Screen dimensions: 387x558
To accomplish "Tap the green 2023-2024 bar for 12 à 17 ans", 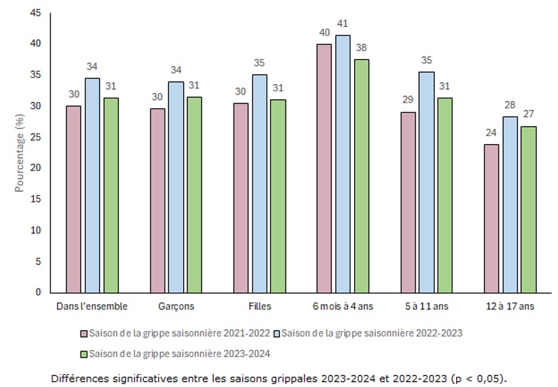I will (x=528, y=209).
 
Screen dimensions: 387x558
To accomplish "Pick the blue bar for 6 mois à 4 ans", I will (x=342, y=163).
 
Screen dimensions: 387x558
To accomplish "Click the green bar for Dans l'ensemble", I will (x=110, y=195).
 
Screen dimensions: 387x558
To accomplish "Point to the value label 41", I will (x=343, y=24).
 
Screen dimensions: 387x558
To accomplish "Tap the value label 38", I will (x=361, y=49).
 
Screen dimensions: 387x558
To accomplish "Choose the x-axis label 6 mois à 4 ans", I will (x=342, y=306).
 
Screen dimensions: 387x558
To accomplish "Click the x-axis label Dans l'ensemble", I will (x=92, y=306).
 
